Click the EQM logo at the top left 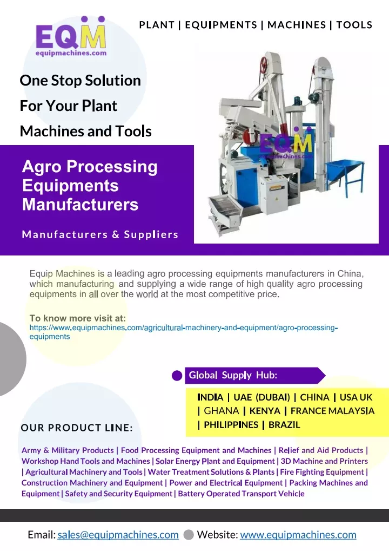(x=71, y=37)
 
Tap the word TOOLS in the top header (x=354, y=25)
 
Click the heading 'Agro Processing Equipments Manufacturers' (x=90, y=186)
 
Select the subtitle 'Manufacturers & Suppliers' (x=100, y=235)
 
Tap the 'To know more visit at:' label (x=77, y=318)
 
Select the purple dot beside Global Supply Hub (x=176, y=376)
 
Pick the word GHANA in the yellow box (x=222, y=411)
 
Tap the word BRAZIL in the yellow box (x=284, y=425)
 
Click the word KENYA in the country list (x=265, y=411)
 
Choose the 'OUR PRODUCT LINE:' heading (x=77, y=428)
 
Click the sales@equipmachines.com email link (x=118, y=535)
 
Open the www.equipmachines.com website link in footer (x=298, y=535)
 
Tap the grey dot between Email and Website (x=188, y=535)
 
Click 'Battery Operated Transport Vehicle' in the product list (x=241, y=494)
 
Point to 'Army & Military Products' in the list (x=68, y=450)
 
